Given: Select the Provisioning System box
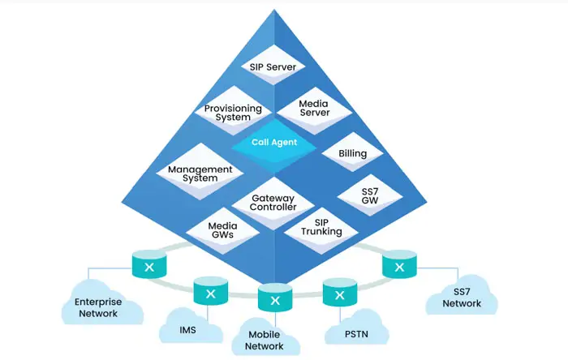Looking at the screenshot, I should coord(233,113).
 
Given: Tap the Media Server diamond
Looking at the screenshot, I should coord(314,108).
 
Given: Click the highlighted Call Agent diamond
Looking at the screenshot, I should coord(273,142).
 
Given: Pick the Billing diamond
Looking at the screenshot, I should coord(353,153).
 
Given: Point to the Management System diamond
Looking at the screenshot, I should coord(200,174).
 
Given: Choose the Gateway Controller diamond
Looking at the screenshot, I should coord(273,202).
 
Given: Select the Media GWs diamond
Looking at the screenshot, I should coord(222,231).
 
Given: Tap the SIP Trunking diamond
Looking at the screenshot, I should coord(322,226).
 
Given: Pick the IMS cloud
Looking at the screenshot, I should coord(187,328).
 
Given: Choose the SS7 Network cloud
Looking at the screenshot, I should coord(462,298).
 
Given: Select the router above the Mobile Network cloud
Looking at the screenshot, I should coord(275,298).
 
